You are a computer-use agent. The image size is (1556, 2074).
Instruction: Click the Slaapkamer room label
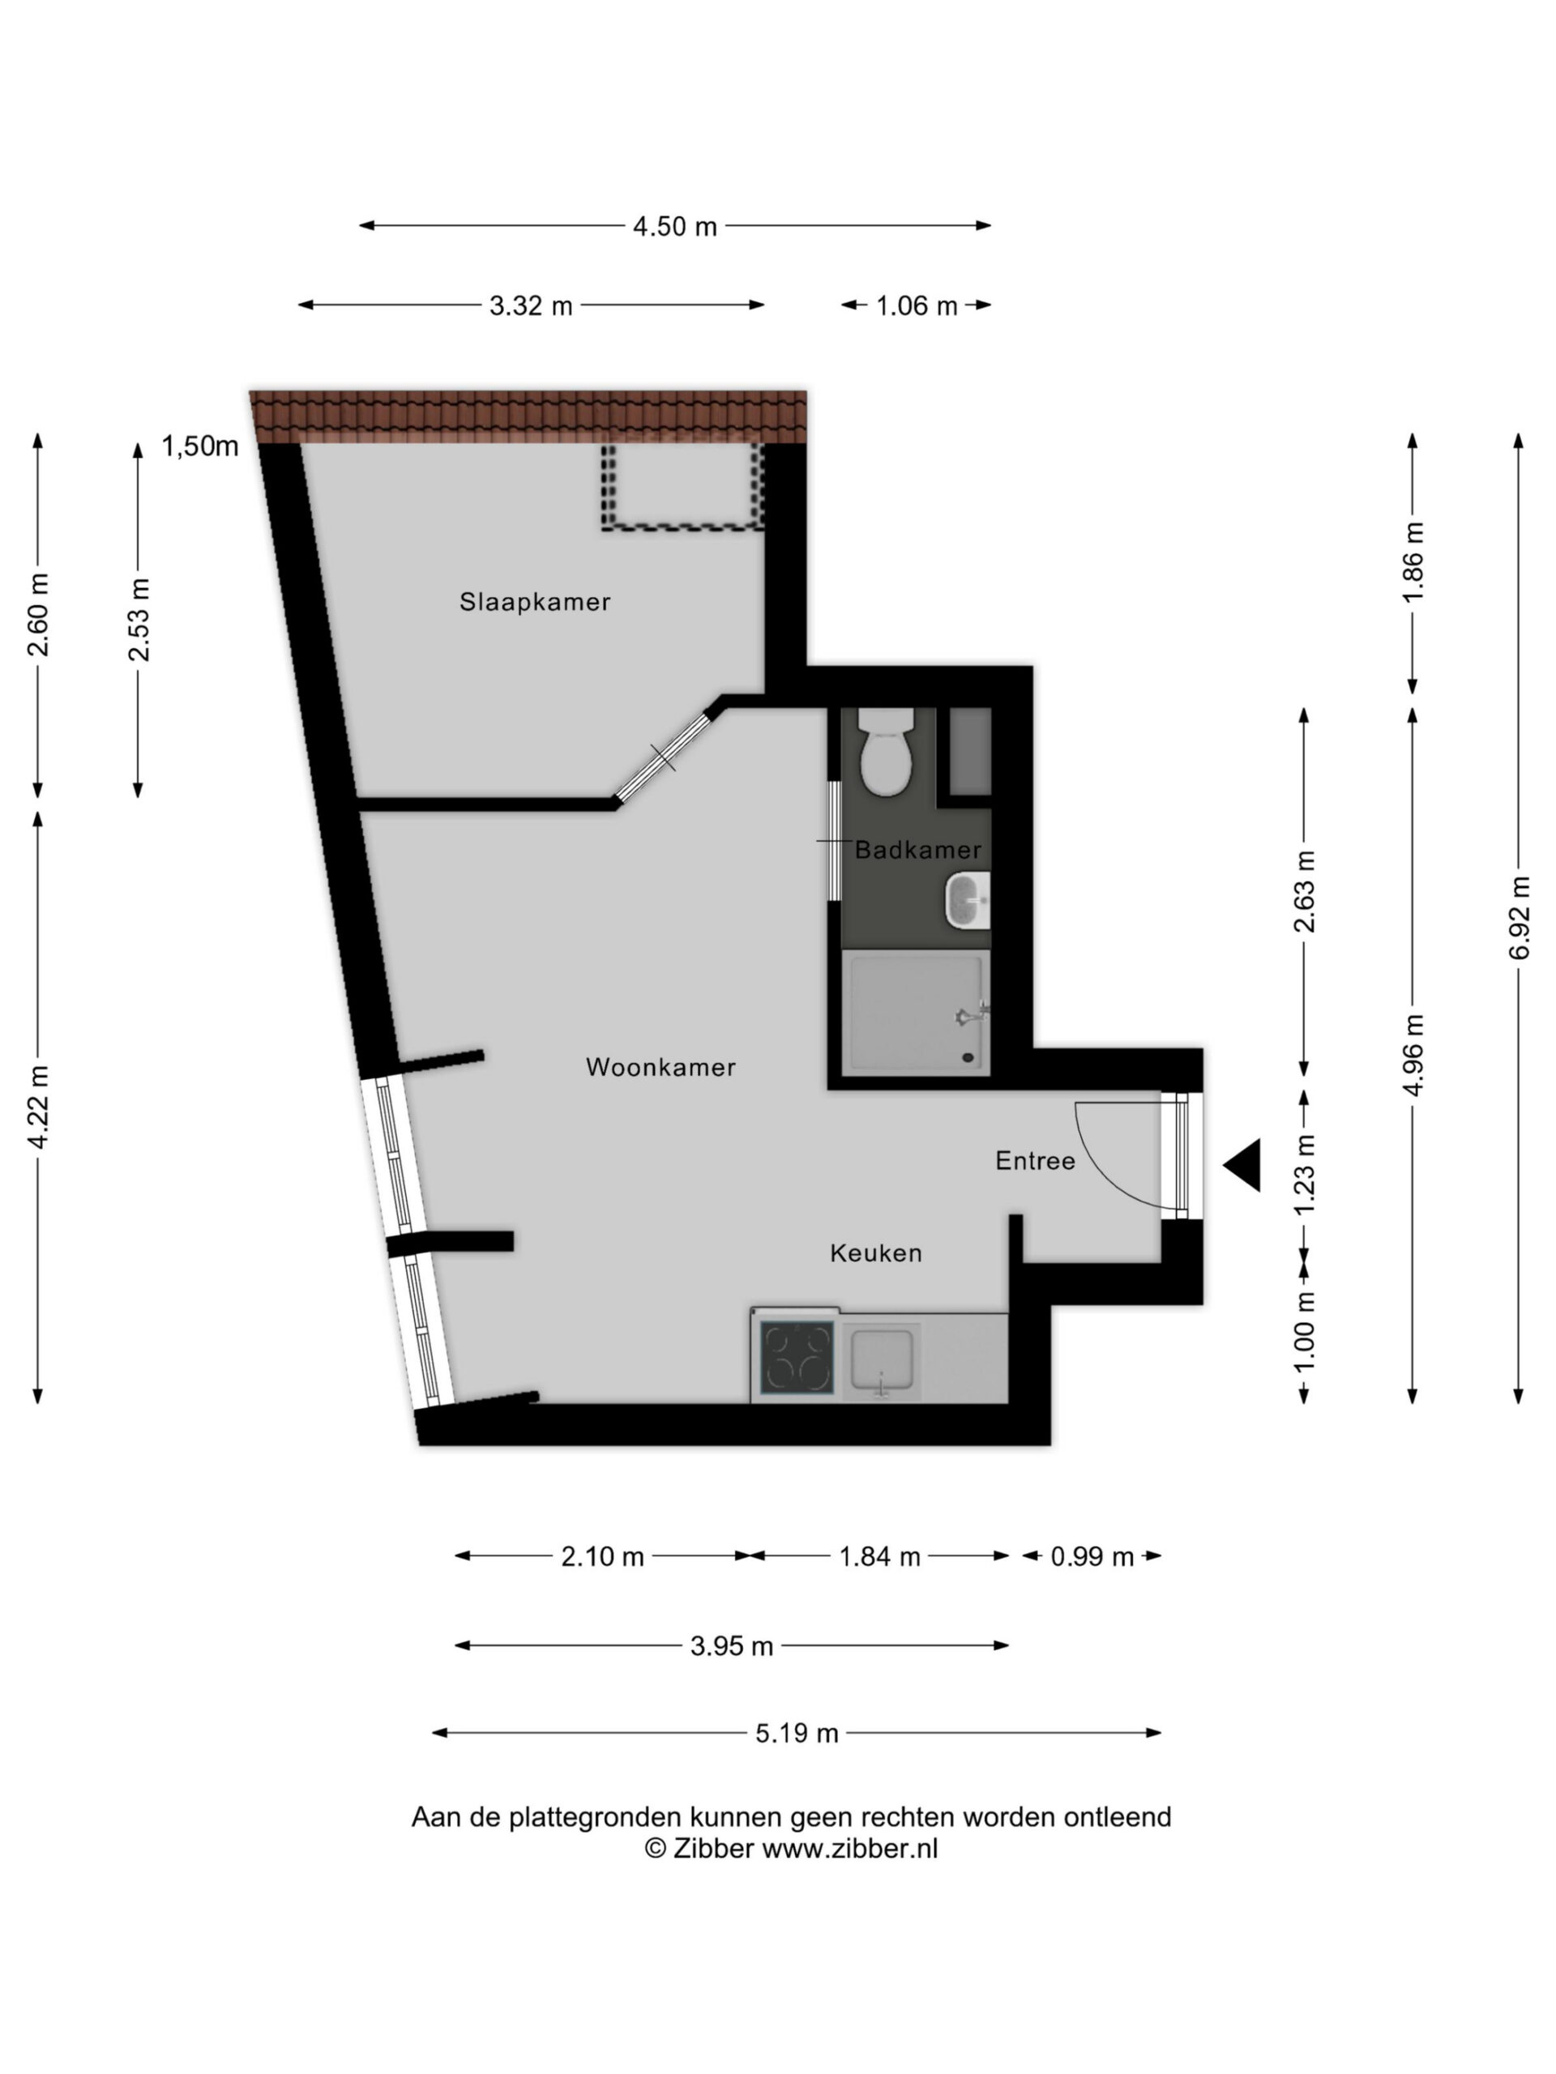pyautogui.click(x=535, y=602)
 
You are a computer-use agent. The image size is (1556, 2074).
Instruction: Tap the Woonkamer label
pyautogui.click(x=660, y=1067)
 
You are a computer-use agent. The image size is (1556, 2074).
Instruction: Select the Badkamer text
pyautogui.click(x=918, y=851)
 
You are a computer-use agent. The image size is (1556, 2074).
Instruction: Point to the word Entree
pyautogui.click(x=1036, y=1161)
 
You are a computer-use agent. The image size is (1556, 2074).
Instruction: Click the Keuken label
pyautogui.click(x=876, y=1253)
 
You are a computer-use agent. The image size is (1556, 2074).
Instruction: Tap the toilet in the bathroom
pyautogui.click(x=886, y=751)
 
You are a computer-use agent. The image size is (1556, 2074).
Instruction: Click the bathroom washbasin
pyautogui.click(x=968, y=900)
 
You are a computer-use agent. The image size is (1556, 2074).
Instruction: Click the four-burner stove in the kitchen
pyautogui.click(x=797, y=1357)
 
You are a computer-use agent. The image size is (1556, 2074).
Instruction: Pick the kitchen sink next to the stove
pyautogui.click(x=882, y=1360)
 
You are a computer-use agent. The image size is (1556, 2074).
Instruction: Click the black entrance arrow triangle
pyautogui.click(x=1242, y=1166)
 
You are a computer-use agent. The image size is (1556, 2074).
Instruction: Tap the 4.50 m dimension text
pyautogui.click(x=674, y=227)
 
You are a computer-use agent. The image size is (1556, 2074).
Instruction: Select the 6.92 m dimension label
pyautogui.click(x=1520, y=918)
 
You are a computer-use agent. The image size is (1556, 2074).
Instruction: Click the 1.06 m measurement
pyautogui.click(x=917, y=305)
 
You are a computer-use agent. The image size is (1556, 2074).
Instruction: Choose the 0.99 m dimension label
pyautogui.click(x=1092, y=1556)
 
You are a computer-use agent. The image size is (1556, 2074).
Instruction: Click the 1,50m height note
pyautogui.click(x=200, y=446)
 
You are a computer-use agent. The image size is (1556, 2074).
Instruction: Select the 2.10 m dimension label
pyautogui.click(x=602, y=1556)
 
